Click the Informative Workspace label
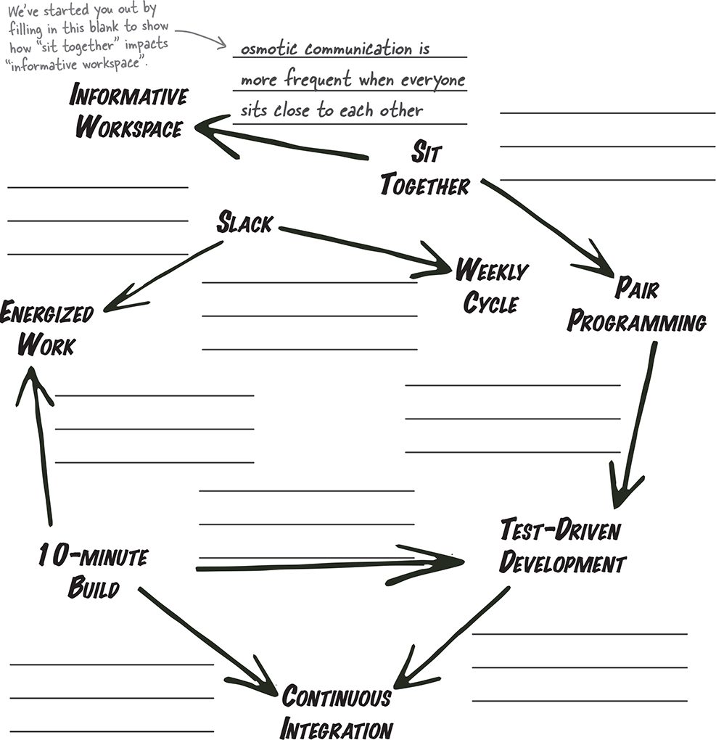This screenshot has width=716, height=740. tap(129, 112)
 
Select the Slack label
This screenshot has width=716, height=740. tap(244, 223)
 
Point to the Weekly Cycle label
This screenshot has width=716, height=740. tap(491, 287)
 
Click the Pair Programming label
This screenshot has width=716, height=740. tap(636, 305)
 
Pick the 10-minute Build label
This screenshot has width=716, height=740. tap(93, 572)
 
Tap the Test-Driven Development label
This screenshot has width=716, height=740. tap(562, 546)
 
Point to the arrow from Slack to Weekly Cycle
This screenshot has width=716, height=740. tap(363, 249)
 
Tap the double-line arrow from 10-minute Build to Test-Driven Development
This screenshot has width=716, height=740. tap(326, 564)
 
